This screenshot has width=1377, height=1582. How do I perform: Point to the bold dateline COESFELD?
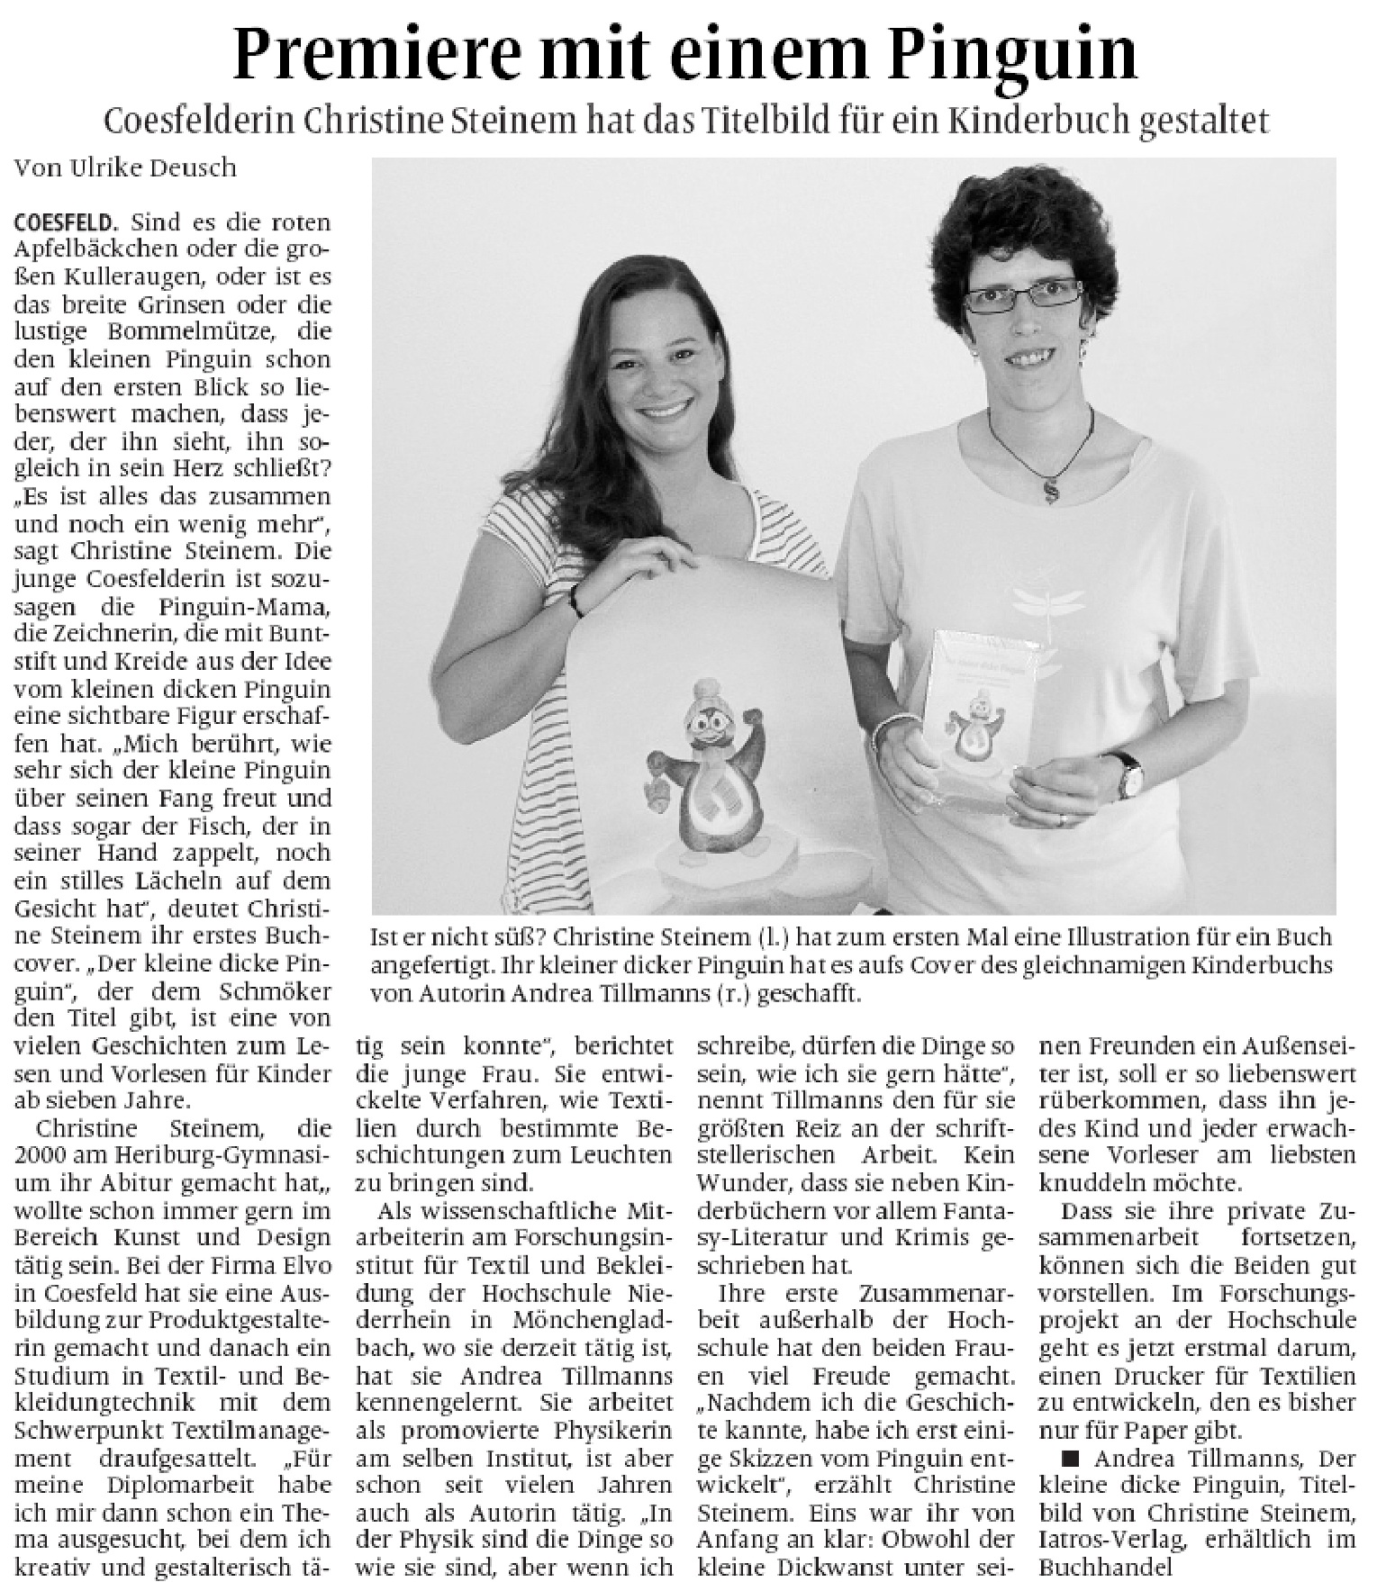pos(66,221)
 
